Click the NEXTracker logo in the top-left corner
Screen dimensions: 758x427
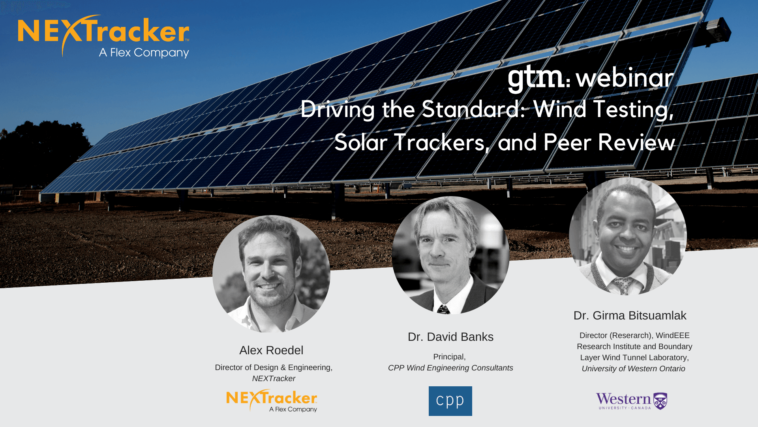click(103, 36)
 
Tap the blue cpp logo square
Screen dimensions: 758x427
click(450, 401)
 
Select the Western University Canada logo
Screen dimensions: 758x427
click(632, 401)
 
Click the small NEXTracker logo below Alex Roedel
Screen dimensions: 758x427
click(272, 401)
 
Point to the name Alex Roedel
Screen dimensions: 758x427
click(271, 350)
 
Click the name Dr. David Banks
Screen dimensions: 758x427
click(450, 337)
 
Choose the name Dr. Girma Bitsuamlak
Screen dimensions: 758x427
click(630, 316)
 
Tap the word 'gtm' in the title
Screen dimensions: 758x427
click(536, 78)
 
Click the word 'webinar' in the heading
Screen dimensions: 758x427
click(625, 78)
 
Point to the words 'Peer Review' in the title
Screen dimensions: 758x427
click(609, 143)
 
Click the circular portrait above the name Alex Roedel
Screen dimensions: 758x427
click(271, 274)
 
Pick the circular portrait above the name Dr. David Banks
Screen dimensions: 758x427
click(450, 255)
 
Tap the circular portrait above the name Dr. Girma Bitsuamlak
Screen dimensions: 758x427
click(628, 236)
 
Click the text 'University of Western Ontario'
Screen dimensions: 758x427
click(633, 368)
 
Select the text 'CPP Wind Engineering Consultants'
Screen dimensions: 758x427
click(450, 368)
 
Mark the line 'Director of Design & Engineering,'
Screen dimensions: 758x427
click(274, 367)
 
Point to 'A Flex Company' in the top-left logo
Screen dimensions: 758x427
click(144, 53)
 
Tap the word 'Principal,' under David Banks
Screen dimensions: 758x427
click(449, 357)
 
